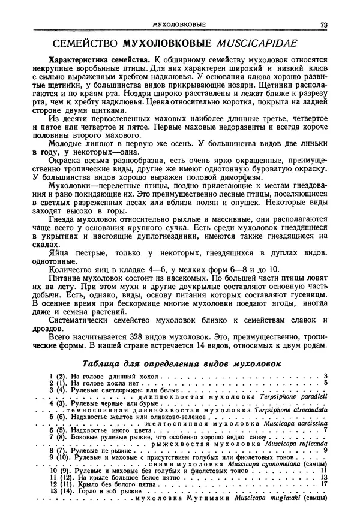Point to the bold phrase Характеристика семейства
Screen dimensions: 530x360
tap(99, 61)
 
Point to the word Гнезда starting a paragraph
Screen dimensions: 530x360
tap(65, 220)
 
